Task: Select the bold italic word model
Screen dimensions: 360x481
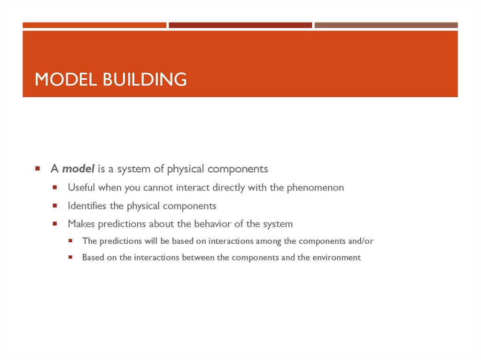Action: tap(78, 169)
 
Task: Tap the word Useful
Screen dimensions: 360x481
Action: tap(82, 188)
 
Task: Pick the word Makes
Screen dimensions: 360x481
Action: tap(81, 224)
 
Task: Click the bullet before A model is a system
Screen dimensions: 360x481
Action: tap(37, 169)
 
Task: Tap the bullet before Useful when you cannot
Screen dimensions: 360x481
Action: tap(54, 187)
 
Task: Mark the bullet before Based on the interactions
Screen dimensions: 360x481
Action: tap(70, 257)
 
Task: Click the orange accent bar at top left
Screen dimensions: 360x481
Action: tap(94, 25)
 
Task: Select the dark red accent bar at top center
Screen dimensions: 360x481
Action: tap(240, 25)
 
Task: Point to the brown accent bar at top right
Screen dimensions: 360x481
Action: tap(386, 25)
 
